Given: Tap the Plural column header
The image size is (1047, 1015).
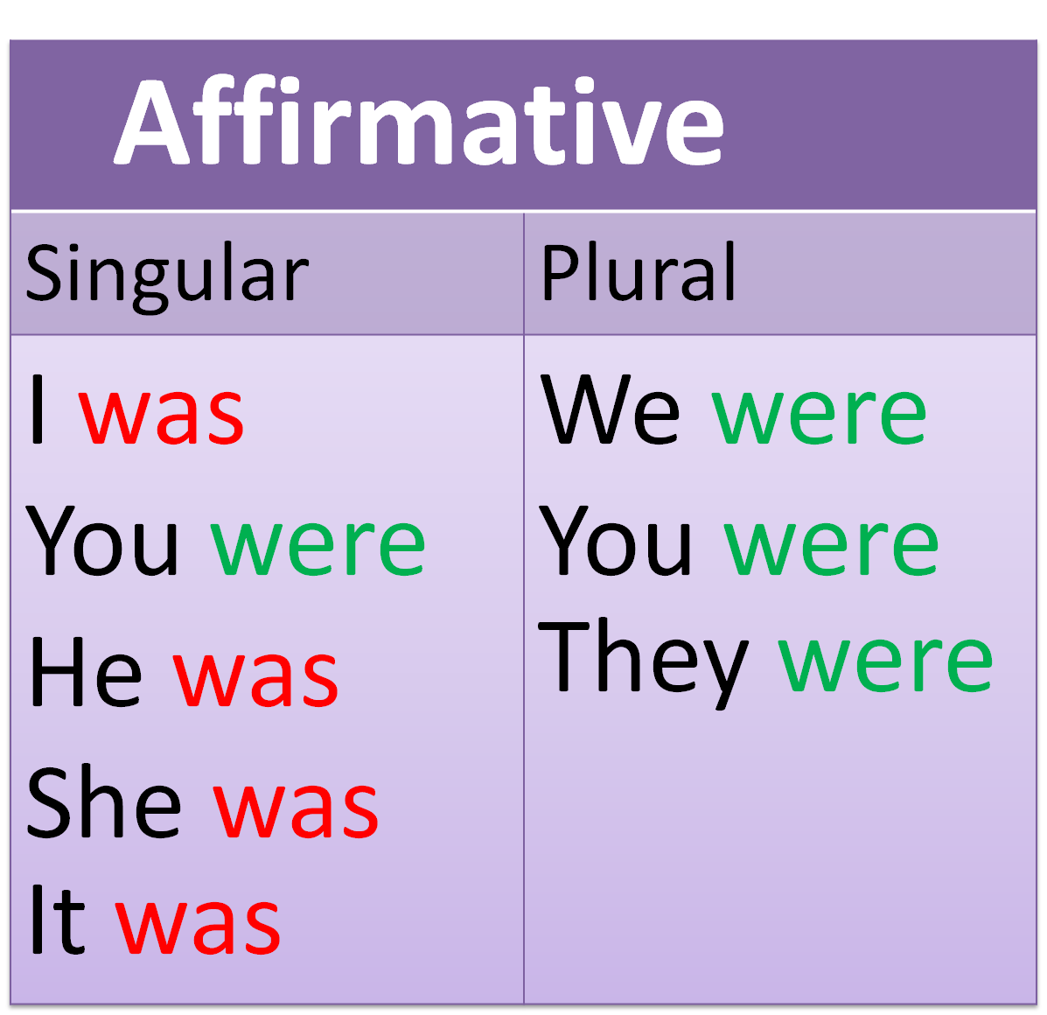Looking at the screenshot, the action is [639, 272].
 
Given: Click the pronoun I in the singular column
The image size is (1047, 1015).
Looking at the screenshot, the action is [38, 409].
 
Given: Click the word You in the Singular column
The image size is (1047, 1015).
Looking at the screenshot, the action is [102, 540].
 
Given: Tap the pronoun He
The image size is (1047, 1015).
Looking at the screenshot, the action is [86, 671].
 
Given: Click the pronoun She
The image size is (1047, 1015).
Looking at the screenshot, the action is [103, 801].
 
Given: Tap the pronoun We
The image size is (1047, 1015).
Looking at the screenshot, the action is [610, 409].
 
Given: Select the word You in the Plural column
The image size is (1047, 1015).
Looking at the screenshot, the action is [615, 540].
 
